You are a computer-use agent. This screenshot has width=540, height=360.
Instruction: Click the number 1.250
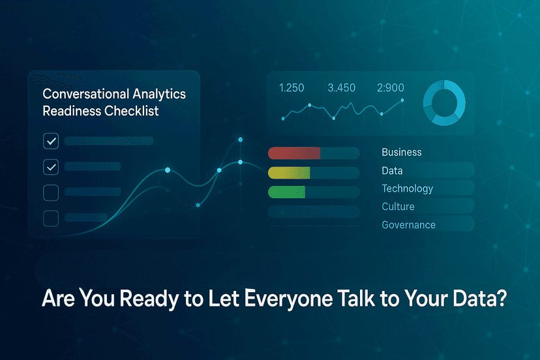point(292,88)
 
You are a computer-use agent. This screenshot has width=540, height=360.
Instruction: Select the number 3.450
point(341,88)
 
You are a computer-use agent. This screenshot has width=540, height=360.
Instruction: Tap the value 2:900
point(391,88)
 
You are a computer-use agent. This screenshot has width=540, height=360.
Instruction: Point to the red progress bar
point(294,153)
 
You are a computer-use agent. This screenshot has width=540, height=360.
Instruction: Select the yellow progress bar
point(289,173)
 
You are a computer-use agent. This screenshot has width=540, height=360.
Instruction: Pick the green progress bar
point(286,192)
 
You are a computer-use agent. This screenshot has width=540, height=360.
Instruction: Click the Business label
point(402,152)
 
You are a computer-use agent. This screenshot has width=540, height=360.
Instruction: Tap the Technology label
point(407,188)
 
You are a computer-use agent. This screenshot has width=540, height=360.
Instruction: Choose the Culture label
point(398,207)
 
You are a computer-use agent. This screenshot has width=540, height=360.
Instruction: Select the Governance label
point(408,225)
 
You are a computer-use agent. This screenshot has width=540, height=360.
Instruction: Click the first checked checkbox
point(51,141)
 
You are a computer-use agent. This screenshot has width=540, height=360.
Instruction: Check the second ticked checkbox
point(51,167)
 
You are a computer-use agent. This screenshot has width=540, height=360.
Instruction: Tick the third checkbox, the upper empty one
point(51,192)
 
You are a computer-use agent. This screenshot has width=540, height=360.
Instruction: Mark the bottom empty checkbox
point(51,218)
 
